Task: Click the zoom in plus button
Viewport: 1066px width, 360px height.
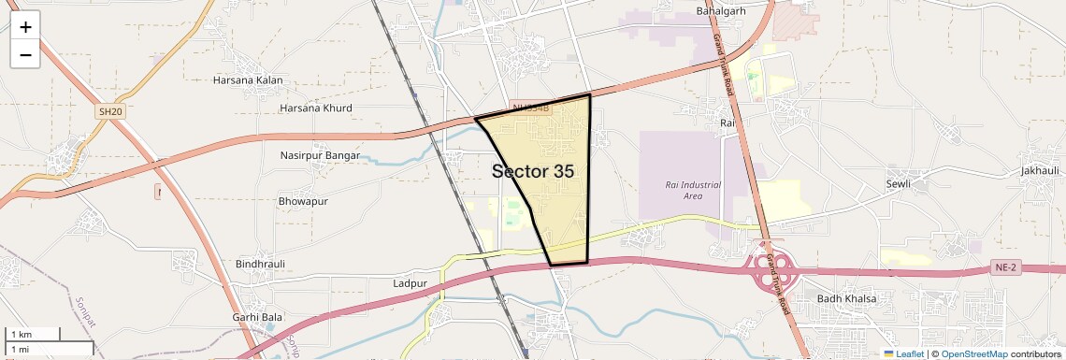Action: [x=25, y=27]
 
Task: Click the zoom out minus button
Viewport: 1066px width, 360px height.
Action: [x=25, y=54]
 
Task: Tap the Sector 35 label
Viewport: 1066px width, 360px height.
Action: [x=533, y=171]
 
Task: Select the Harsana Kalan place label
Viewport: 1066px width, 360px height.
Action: [x=248, y=80]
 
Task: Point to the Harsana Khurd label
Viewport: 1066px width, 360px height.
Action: [x=316, y=108]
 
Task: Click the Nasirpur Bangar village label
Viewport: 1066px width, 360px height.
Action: [x=320, y=155]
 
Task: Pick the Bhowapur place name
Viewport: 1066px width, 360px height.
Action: [x=304, y=201]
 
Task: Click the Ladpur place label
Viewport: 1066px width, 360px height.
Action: [x=411, y=282]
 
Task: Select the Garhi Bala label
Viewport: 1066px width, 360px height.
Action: [x=257, y=318]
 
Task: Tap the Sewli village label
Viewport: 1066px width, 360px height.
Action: [x=898, y=184]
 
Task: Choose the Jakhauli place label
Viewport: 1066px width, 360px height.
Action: [x=1040, y=171]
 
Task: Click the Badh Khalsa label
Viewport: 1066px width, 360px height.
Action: [x=847, y=298]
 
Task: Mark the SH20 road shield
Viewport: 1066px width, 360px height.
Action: [x=109, y=112]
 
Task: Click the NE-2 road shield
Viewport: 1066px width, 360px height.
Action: [x=1004, y=268]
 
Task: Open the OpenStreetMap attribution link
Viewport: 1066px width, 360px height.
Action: [x=974, y=354]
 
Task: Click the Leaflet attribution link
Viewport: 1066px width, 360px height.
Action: [x=904, y=354]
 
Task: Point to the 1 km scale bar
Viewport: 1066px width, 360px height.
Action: [x=33, y=334]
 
